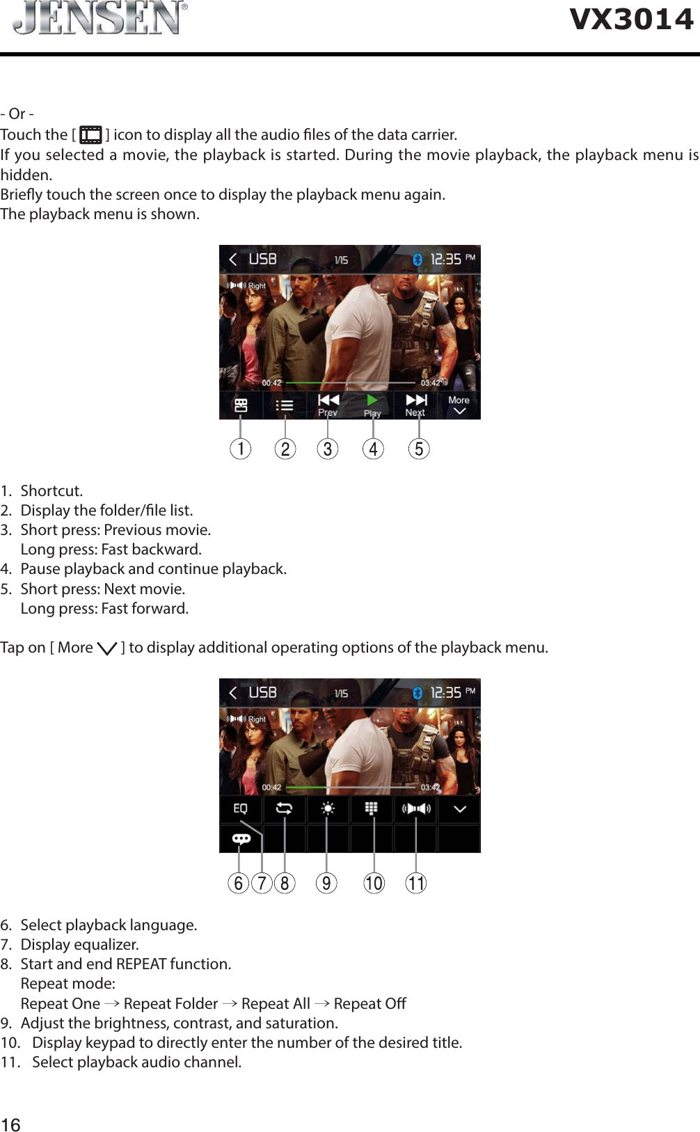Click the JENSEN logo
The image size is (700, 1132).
pyautogui.click(x=100, y=19)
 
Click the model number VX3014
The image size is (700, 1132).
pyautogui.click(x=631, y=19)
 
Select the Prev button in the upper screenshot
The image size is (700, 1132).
pyautogui.click(x=328, y=404)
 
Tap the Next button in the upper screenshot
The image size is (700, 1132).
pyautogui.click(x=416, y=404)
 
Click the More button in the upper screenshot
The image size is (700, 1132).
pyautogui.click(x=459, y=404)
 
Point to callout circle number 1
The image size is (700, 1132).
pyautogui.click(x=241, y=449)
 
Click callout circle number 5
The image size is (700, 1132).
pyautogui.click(x=419, y=449)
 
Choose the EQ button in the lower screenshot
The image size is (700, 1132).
pyautogui.click(x=240, y=808)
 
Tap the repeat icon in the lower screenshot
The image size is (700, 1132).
pyautogui.click(x=284, y=808)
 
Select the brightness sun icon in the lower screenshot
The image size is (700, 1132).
pyautogui.click(x=328, y=808)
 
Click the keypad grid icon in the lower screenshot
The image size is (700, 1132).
pyautogui.click(x=372, y=808)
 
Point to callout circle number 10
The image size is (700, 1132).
pyautogui.click(x=374, y=883)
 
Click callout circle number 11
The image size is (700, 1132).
pyautogui.click(x=416, y=883)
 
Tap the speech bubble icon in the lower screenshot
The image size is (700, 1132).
pyautogui.click(x=241, y=838)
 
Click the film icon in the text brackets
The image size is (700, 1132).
pyautogui.click(x=90, y=134)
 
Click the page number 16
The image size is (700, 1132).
pyautogui.click(x=10, y=1125)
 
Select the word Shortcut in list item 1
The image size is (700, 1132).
pyautogui.click(x=51, y=491)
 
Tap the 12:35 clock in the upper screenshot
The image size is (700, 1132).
pyautogui.click(x=446, y=259)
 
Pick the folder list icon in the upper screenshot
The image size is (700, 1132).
pyautogui.click(x=285, y=405)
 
